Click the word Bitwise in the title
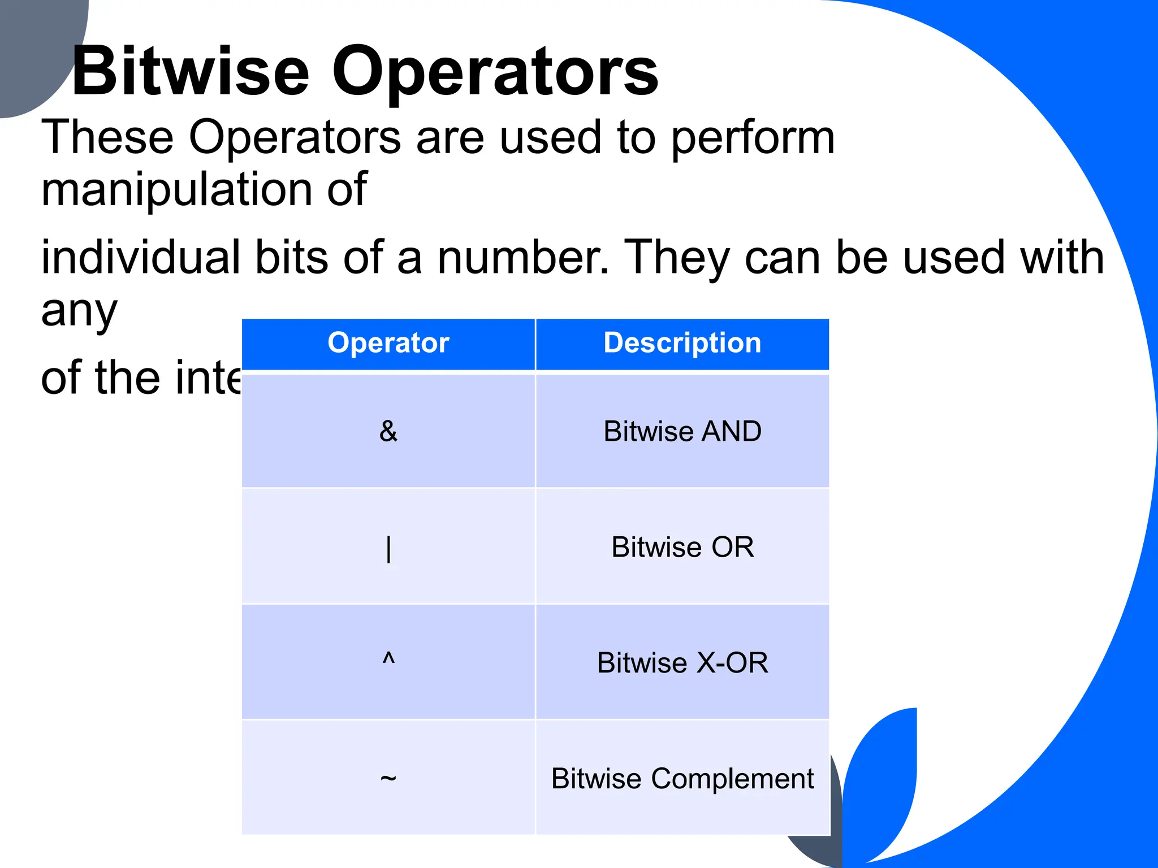(x=191, y=72)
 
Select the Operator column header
(x=388, y=343)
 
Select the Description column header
(x=682, y=343)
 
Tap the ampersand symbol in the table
(x=388, y=431)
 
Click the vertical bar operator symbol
(x=388, y=548)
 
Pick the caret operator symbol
(x=388, y=658)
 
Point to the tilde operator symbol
(x=388, y=779)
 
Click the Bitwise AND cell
(x=682, y=431)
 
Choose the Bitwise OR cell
(x=682, y=547)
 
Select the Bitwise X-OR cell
(x=682, y=663)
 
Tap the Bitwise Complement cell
(x=682, y=779)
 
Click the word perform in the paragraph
(x=753, y=138)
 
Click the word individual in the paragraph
(x=141, y=258)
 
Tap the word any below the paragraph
(x=79, y=312)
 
